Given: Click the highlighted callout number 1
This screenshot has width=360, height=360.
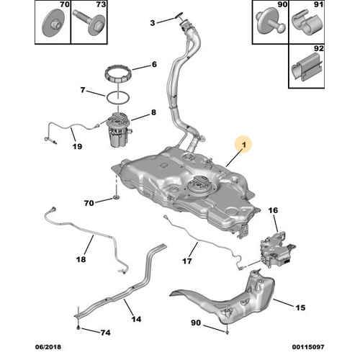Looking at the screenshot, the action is pos(244,145).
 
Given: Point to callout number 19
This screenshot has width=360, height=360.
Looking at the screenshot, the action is pos(77,146).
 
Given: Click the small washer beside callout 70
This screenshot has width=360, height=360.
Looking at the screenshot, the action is pos(116,198).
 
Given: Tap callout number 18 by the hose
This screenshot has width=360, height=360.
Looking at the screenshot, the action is pos(81,259).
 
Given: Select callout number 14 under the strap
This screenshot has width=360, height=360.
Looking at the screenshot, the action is pos(136,319).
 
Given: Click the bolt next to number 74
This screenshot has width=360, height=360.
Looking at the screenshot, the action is pos(78,328).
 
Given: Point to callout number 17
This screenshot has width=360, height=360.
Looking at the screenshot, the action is pos(187,261).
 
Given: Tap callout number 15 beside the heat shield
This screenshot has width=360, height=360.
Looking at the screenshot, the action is pos(300,307).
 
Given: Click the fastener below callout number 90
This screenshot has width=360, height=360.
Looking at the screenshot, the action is pos(228,332).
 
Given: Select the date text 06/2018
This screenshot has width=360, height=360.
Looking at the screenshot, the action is pos(48,347).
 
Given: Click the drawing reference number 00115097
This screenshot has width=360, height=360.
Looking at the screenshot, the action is pos(308,347).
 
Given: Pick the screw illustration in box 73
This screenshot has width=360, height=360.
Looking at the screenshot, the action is pos(89,22).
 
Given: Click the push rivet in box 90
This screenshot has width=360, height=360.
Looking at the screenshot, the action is pos(271,22).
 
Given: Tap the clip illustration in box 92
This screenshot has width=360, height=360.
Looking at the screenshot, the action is pos(307,66).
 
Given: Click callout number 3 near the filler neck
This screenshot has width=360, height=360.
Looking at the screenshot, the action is pos(153,23).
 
